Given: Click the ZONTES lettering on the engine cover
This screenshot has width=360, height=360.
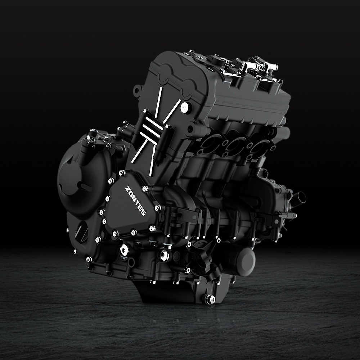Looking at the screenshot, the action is tap(135, 201).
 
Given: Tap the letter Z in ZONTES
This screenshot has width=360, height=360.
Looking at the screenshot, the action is tap(128, 189).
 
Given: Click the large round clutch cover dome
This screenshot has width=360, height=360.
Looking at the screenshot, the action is tap(76, 177).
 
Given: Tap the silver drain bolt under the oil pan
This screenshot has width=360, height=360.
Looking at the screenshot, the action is tap(209, 299).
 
